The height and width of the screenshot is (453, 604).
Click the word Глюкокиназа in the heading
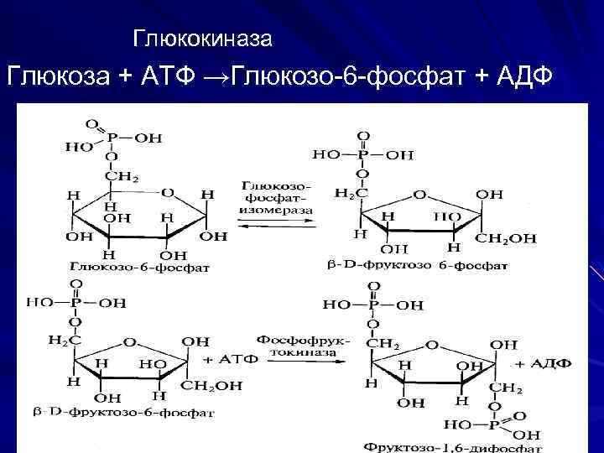(x=203, y=39)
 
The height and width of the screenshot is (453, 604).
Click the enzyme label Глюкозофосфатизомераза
(x=277, y=196)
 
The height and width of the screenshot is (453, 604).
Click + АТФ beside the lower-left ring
(x=226, y=359)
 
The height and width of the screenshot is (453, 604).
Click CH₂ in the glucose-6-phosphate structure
(x=121, y=176)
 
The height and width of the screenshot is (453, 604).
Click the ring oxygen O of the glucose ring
(x=168, y=193)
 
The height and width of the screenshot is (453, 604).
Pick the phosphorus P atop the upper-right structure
(x=362, y=155)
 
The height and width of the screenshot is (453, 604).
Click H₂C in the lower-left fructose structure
(x=65, y=340)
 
